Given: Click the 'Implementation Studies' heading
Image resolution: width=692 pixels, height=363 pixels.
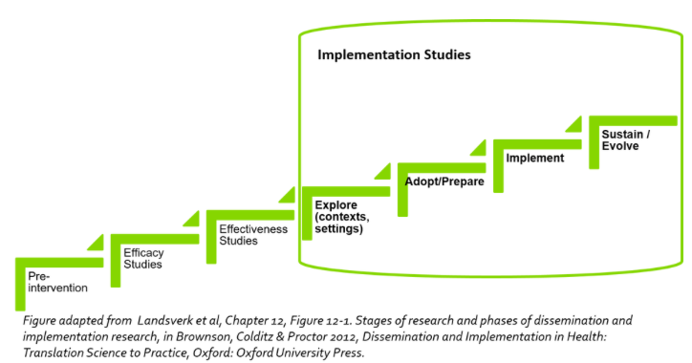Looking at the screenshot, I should [x=394, y=55].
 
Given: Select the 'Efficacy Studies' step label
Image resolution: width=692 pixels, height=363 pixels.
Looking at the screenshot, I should [x=143, y=258].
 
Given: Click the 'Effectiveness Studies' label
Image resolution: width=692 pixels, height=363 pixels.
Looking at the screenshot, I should [x=239, y=235].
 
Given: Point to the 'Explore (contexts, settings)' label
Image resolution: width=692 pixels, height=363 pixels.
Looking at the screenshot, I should [x=343, y=217].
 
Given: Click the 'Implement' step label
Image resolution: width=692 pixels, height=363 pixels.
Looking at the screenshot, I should [x=534, y=158].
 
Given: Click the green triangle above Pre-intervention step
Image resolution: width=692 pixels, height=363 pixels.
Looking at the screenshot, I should [x=97, y=243].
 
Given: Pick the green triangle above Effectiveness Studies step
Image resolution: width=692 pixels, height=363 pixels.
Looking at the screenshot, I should [x=287, y=195].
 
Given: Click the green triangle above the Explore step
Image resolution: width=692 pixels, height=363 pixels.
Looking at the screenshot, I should [x=382, y=171].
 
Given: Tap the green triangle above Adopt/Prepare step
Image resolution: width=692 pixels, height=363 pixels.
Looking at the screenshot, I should [x=478, y=147].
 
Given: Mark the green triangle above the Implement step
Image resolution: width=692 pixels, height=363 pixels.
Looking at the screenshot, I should [x=573, y=123].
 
